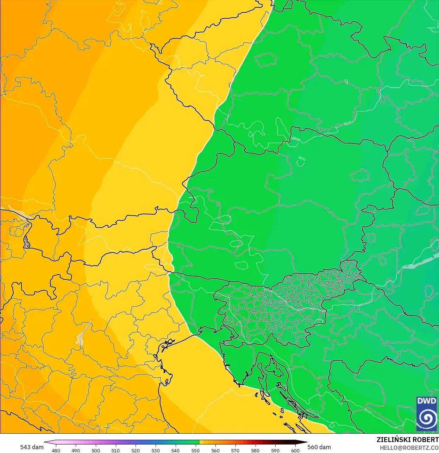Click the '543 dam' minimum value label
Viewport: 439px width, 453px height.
tap(32, 447)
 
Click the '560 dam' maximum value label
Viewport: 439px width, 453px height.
tap(319, 447)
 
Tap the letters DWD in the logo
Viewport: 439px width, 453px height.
tap(426, 401)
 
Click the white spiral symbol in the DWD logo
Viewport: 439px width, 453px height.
tap(426, 418)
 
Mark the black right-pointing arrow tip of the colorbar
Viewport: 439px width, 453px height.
tap(305, 442)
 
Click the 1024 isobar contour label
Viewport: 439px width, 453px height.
tap(367, 410)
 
